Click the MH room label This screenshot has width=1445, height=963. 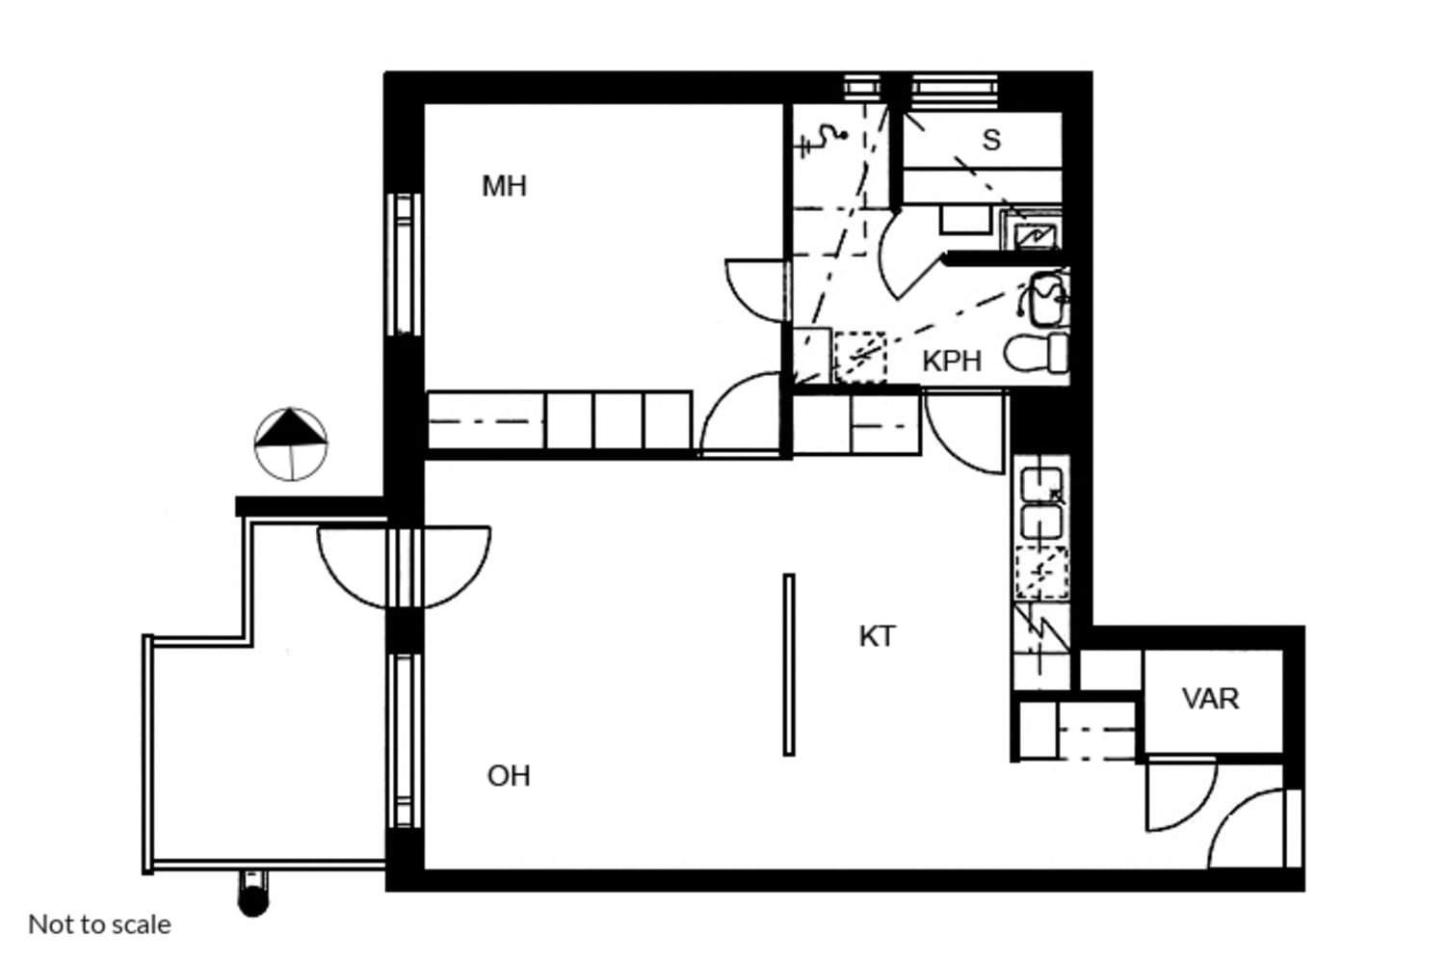click(505, 187)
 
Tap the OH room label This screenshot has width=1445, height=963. click(509, 776)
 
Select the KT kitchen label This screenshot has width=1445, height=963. click(878, 637)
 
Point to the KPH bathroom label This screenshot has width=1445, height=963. click(952, 361)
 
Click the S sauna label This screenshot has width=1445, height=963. click(991, 140)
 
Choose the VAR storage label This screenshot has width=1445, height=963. click(1210, 699)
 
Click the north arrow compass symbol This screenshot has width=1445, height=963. click(290, 444)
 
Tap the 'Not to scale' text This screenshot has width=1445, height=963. click(100, 924)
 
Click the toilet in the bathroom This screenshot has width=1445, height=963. click(1036, 354)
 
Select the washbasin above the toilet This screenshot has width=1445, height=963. click(1045, 299)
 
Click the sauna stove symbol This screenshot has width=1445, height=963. click(1030, 230)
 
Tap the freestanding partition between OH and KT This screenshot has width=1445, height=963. click(789, 665)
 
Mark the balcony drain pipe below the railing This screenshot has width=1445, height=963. click(252, 894)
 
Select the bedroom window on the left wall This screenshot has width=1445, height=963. click(404, 264)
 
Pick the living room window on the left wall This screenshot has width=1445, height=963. click(404, 741)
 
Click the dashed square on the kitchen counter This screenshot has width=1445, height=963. click(1041, 573)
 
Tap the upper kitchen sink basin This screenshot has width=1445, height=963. click(1041, 485)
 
